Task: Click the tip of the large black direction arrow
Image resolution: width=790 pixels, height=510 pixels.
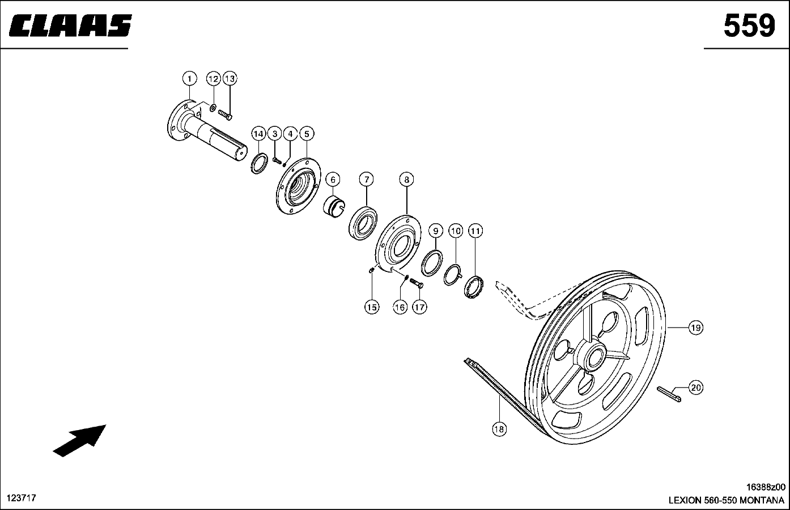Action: point(106,425)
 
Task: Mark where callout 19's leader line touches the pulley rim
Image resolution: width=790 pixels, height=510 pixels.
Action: point(668,328)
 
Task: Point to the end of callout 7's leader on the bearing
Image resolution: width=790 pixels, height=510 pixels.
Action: point(367,206)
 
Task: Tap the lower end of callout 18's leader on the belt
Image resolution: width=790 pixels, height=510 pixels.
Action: point(499,396)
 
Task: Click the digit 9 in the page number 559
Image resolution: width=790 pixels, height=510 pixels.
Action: point(764,25)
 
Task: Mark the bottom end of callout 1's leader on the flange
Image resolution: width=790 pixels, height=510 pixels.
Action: point(190,100)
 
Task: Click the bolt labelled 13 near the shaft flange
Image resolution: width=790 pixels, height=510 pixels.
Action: point(225,114)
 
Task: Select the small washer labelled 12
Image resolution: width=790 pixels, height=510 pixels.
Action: point(213,107)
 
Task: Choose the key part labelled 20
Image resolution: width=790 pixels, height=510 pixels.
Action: point(669,394)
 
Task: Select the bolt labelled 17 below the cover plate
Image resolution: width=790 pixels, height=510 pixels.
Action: point(417,283)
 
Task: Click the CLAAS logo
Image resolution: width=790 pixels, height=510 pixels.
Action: point(70,25)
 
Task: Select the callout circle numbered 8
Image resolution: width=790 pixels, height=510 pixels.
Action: point(406,180)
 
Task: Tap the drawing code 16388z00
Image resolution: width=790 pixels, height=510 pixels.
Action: point(766,487)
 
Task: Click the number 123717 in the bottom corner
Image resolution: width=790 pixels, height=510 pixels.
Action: point(22,498)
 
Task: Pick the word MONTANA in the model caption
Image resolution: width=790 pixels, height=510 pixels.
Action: point(762,500)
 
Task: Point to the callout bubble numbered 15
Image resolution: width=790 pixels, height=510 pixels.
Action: point(372,307)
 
